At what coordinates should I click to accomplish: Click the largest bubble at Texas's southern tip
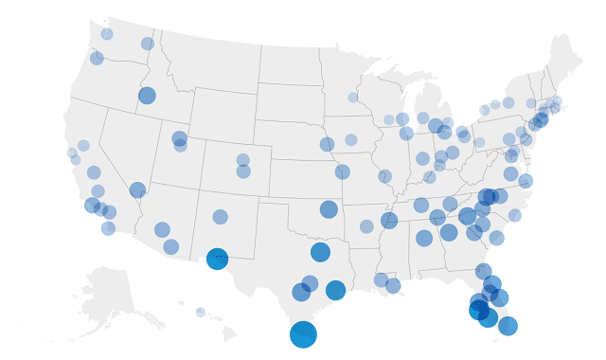coord(303,333)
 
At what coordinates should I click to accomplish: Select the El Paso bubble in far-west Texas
coord(217,259)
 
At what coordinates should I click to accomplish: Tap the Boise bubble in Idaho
coord(147,95)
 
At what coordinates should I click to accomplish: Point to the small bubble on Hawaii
coord(201,312)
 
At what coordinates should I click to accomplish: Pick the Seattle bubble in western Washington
coord(107,34)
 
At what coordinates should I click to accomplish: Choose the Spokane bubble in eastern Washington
coord(148,44)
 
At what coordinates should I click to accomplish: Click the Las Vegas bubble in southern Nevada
coord(137,189)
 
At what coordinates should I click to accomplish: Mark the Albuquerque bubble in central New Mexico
coord(220,217)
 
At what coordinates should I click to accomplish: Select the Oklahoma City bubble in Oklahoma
coord(329,209)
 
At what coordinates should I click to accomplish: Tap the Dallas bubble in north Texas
coord(320,252)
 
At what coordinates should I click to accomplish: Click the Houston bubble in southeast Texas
coord(335,290)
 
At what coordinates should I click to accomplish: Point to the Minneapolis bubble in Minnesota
coord(352,98)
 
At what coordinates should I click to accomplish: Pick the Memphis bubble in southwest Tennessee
coord(389,220)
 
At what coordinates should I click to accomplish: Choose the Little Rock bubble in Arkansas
coord(366,226)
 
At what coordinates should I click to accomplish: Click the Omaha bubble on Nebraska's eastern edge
coord(327,144)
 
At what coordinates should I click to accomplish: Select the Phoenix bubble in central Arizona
coord(162,229)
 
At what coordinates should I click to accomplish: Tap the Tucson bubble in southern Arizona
coord(170,246)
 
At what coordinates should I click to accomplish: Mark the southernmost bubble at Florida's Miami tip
coord(508,326)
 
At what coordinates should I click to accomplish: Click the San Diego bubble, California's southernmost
coord(108,228)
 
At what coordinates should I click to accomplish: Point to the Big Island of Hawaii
coord(228,333)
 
